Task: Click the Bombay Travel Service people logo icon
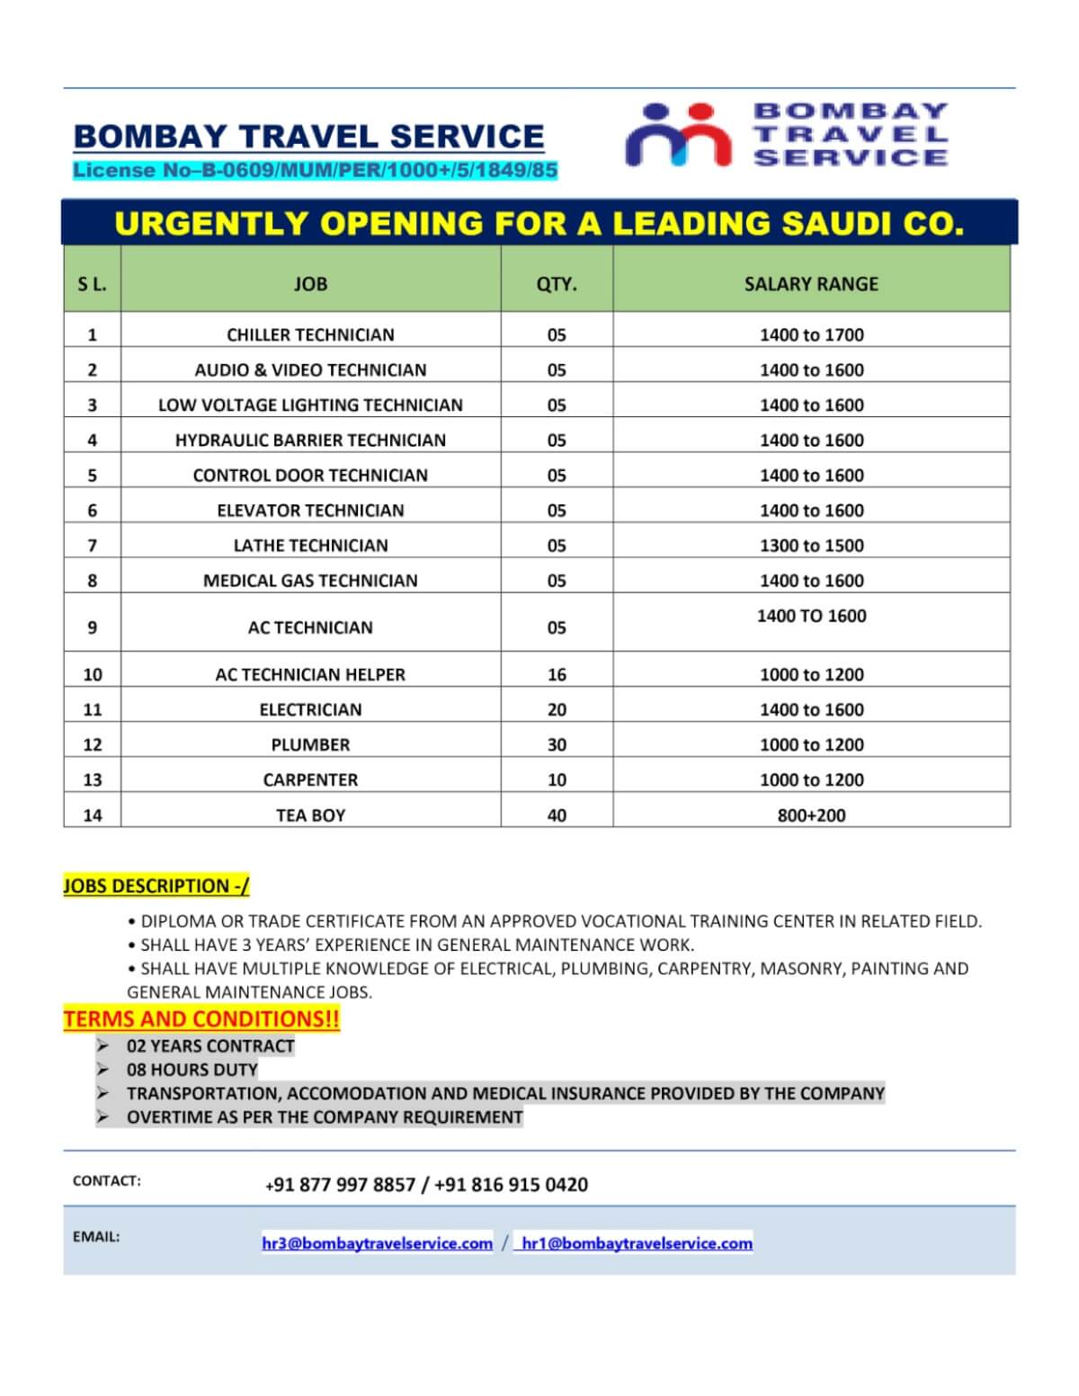(x=679, y=135)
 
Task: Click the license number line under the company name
(x=316, y=170)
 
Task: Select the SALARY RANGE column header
(x=811, y=284)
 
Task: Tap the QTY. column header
(x=557, y=284)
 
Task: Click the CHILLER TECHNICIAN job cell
(x=310, y=334)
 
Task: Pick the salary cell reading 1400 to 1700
(x=811, y=334)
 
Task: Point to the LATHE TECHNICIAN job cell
(x=310, y=546)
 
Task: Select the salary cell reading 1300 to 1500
(x=811, y=546)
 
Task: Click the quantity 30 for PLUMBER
(x=557, y=744)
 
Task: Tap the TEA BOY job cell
(x=310, y=815)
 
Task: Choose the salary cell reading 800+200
(x=811, y=815)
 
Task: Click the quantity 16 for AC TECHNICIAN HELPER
(x=557, y=674)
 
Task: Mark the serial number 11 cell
(x=92, y=709)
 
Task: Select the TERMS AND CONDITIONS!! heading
(x=201, y=1019)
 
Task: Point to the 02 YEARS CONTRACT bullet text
(x=210, y=1046)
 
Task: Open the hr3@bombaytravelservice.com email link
(x=377, y=1243)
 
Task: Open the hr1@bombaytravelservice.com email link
(x=637, y=1243)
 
